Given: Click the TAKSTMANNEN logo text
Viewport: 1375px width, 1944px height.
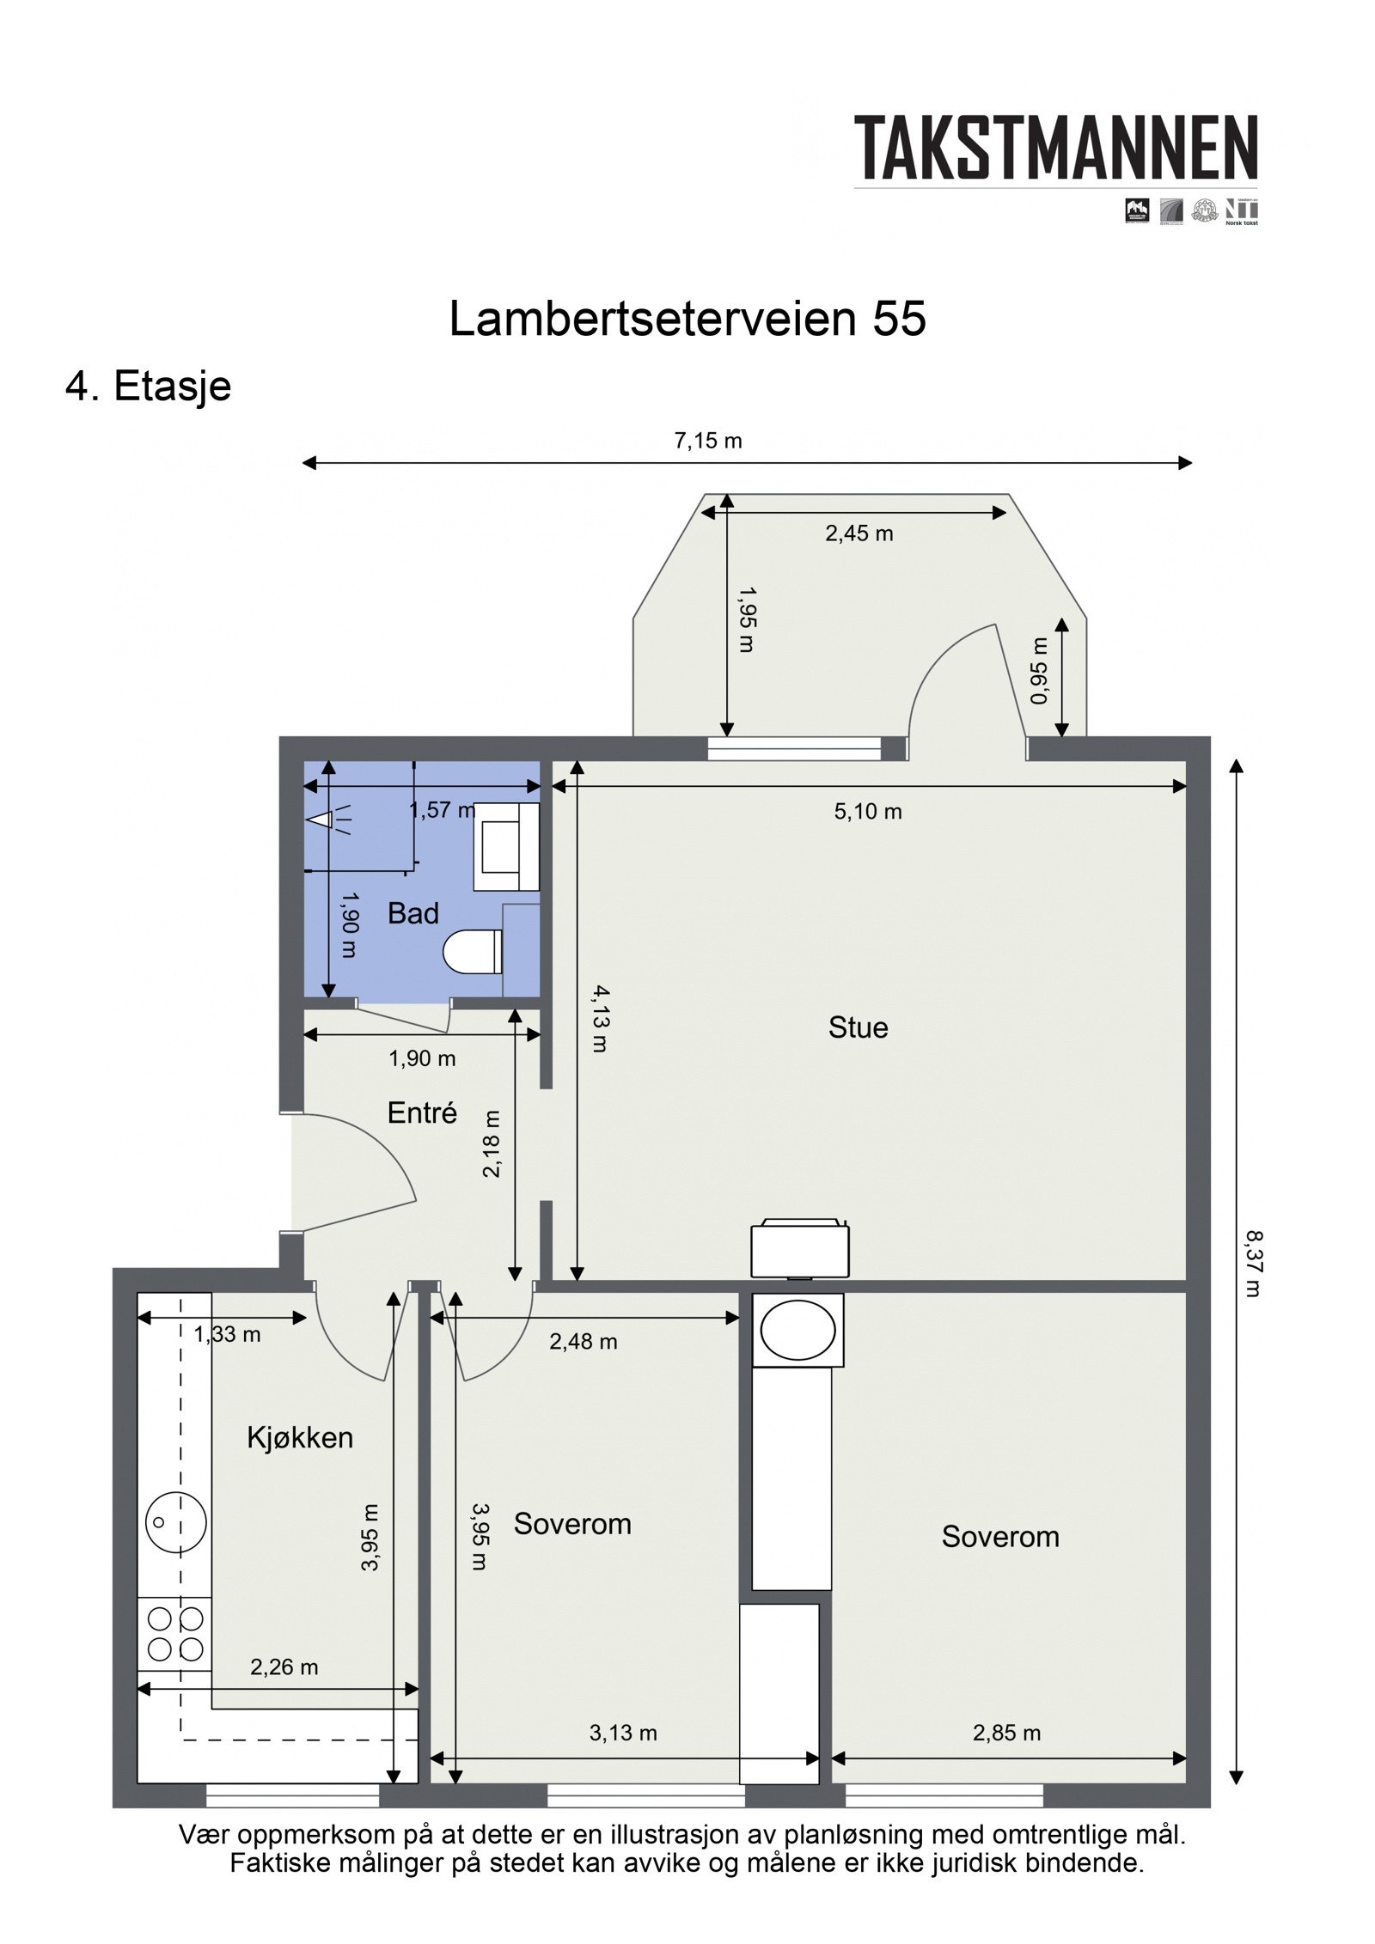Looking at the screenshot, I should [x=1054, y=148].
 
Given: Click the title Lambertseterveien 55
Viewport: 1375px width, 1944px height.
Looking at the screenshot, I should [x=687, y=319].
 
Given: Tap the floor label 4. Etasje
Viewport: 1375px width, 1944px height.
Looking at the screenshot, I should [x=149, y=386].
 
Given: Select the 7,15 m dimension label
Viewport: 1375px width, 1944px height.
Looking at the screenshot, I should [x=707, y=442].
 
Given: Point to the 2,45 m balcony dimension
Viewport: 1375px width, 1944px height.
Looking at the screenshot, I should [x=859, y=533].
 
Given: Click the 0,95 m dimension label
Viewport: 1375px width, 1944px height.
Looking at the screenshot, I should [x=1040, y=671].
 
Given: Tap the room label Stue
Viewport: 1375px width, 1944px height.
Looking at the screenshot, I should [x=858, y=1028].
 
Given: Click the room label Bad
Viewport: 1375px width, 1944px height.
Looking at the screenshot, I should [x=412, y=913].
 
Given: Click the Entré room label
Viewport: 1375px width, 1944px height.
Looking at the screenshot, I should [x=422, y=1113].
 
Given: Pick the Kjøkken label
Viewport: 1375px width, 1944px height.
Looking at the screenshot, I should [x=300, y=1438].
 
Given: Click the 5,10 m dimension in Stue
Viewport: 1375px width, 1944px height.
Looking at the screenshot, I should [x=868, y=812].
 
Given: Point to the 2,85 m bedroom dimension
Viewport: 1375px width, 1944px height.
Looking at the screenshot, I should [x=1006, y=1733].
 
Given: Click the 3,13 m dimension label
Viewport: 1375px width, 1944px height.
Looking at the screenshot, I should [x=623, y=1733].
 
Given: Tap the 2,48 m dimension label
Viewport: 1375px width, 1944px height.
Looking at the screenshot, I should [x=583, y=1342].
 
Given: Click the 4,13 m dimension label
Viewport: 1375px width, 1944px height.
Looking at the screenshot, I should [x=599, y=1019].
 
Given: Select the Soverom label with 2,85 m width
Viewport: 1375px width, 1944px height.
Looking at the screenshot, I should [x=1000, y=1537].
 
